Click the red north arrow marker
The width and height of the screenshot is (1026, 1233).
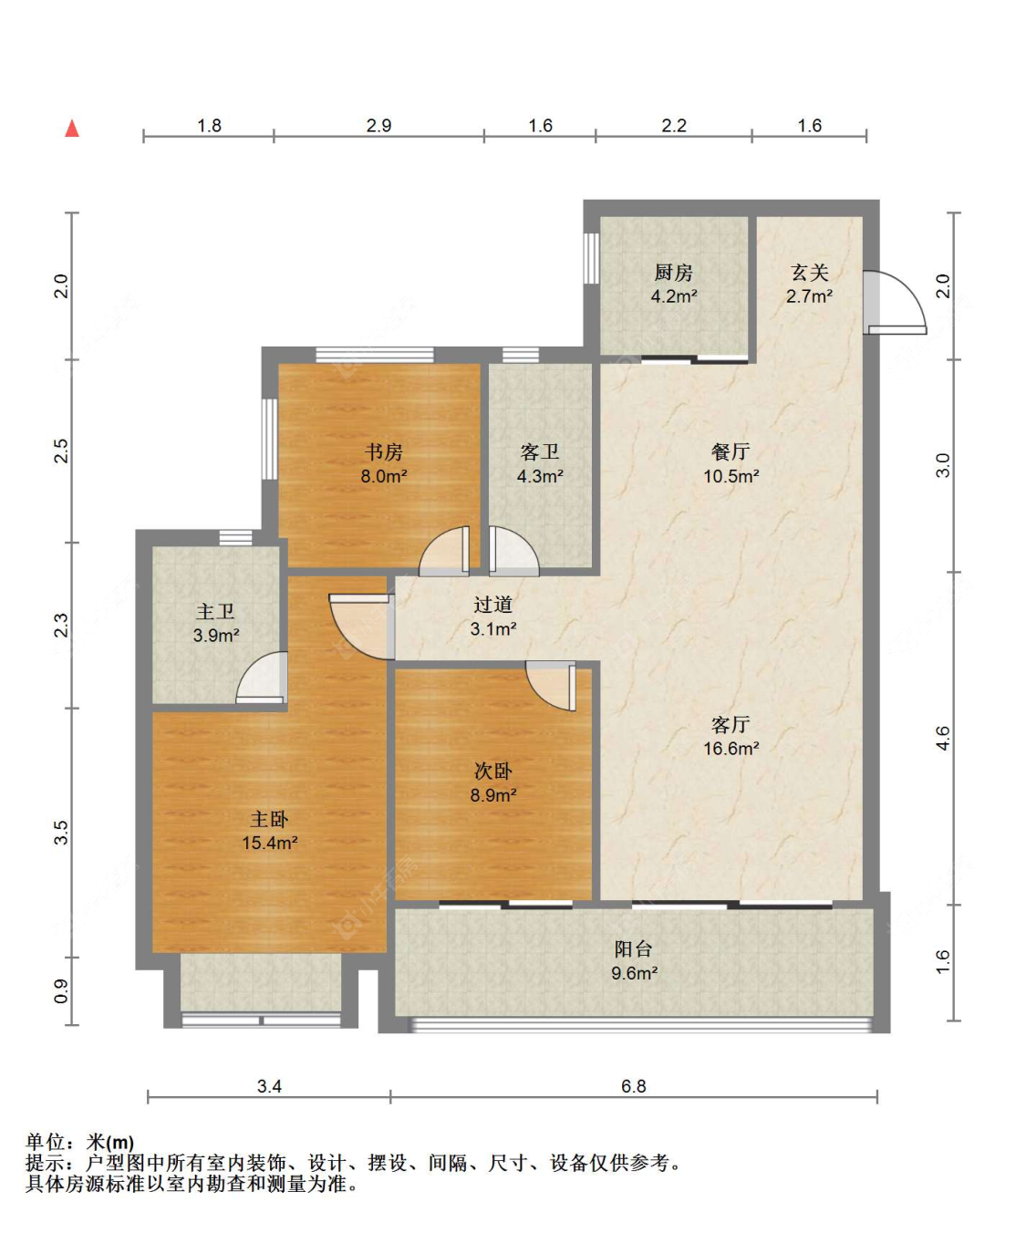tap(72, 129)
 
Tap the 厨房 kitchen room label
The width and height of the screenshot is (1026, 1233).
tap(673, 273)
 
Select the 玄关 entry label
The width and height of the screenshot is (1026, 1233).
tap(809, 273)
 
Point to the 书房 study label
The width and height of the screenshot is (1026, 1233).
tap(383, 452)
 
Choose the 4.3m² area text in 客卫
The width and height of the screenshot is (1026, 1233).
tap(540, 476)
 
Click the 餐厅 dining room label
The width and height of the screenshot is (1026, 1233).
tap(731, 452)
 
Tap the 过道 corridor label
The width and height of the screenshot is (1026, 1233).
tap(492, 605)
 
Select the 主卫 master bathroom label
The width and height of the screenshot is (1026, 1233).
tap(215, 612)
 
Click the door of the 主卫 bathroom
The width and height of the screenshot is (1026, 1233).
tap(264, 679)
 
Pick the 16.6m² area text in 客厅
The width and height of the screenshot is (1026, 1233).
tap(731, 749)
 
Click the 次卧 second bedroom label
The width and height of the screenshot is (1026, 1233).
tap(492, 772)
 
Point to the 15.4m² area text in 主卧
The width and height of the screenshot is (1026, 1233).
tap(269, 844)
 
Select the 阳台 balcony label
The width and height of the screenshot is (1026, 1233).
tap(633, 949)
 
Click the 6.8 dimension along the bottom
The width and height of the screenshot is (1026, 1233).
tap(633, 1086)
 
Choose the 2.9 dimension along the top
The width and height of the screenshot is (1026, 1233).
tap(378, 126)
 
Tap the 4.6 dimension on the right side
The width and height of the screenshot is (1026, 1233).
tap(943, 738)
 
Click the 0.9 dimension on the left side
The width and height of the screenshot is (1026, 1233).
tap(60, 990)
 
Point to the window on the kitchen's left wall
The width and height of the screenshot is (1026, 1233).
tap(591, 258)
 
